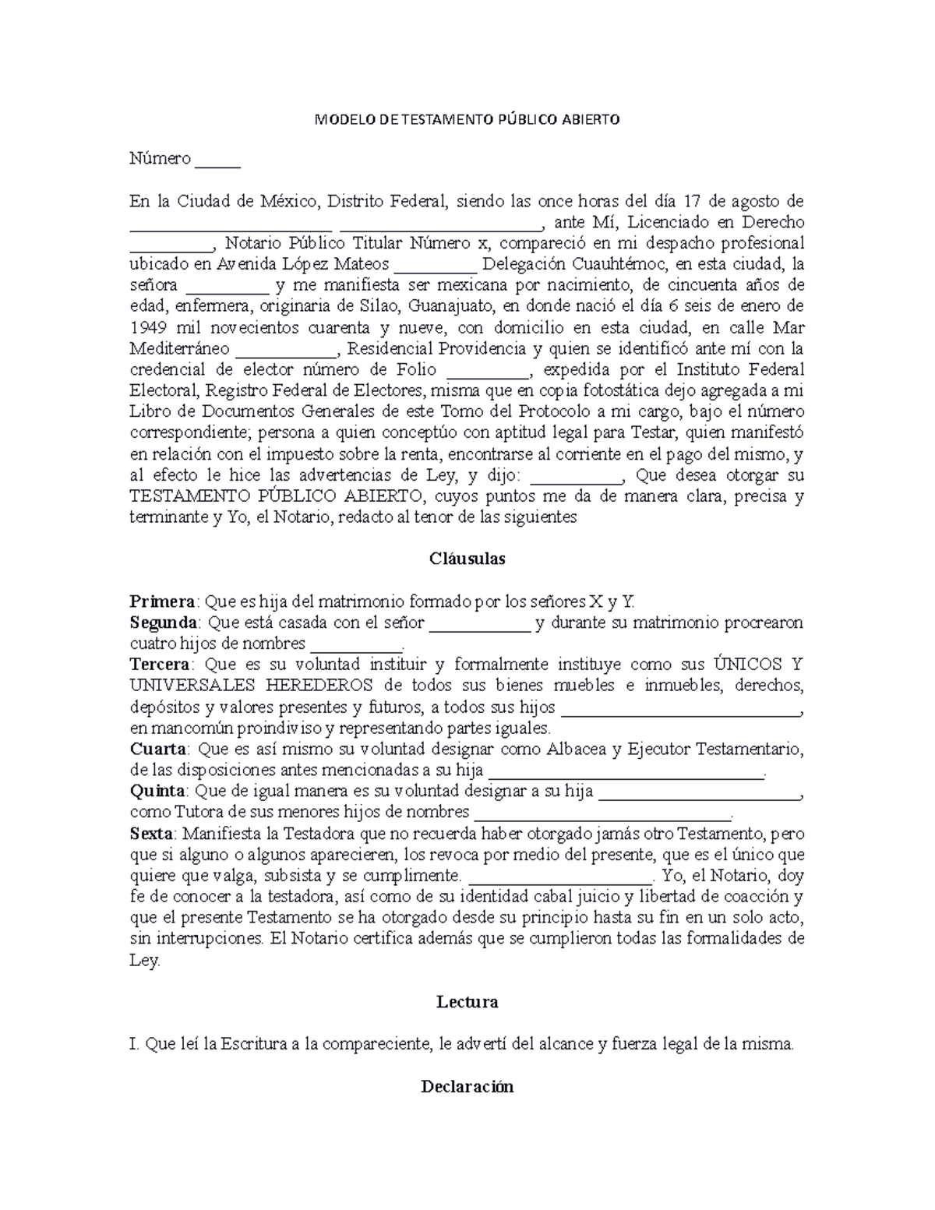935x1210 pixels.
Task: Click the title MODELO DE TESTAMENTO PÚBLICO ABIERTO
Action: tap(467, 120)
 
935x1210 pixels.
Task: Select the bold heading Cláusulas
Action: tap(467, 559)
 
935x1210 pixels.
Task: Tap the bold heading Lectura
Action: tap(467, 1002)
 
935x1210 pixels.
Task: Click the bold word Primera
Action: tap(163, 601)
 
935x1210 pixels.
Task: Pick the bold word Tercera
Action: tap(160, 665)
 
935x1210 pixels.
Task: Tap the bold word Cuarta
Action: tap(158, 750)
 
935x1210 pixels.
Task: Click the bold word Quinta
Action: tap(159, 792)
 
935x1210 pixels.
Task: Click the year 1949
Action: tap(147, 327)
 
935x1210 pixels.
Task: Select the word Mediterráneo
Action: tap(179, 348)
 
